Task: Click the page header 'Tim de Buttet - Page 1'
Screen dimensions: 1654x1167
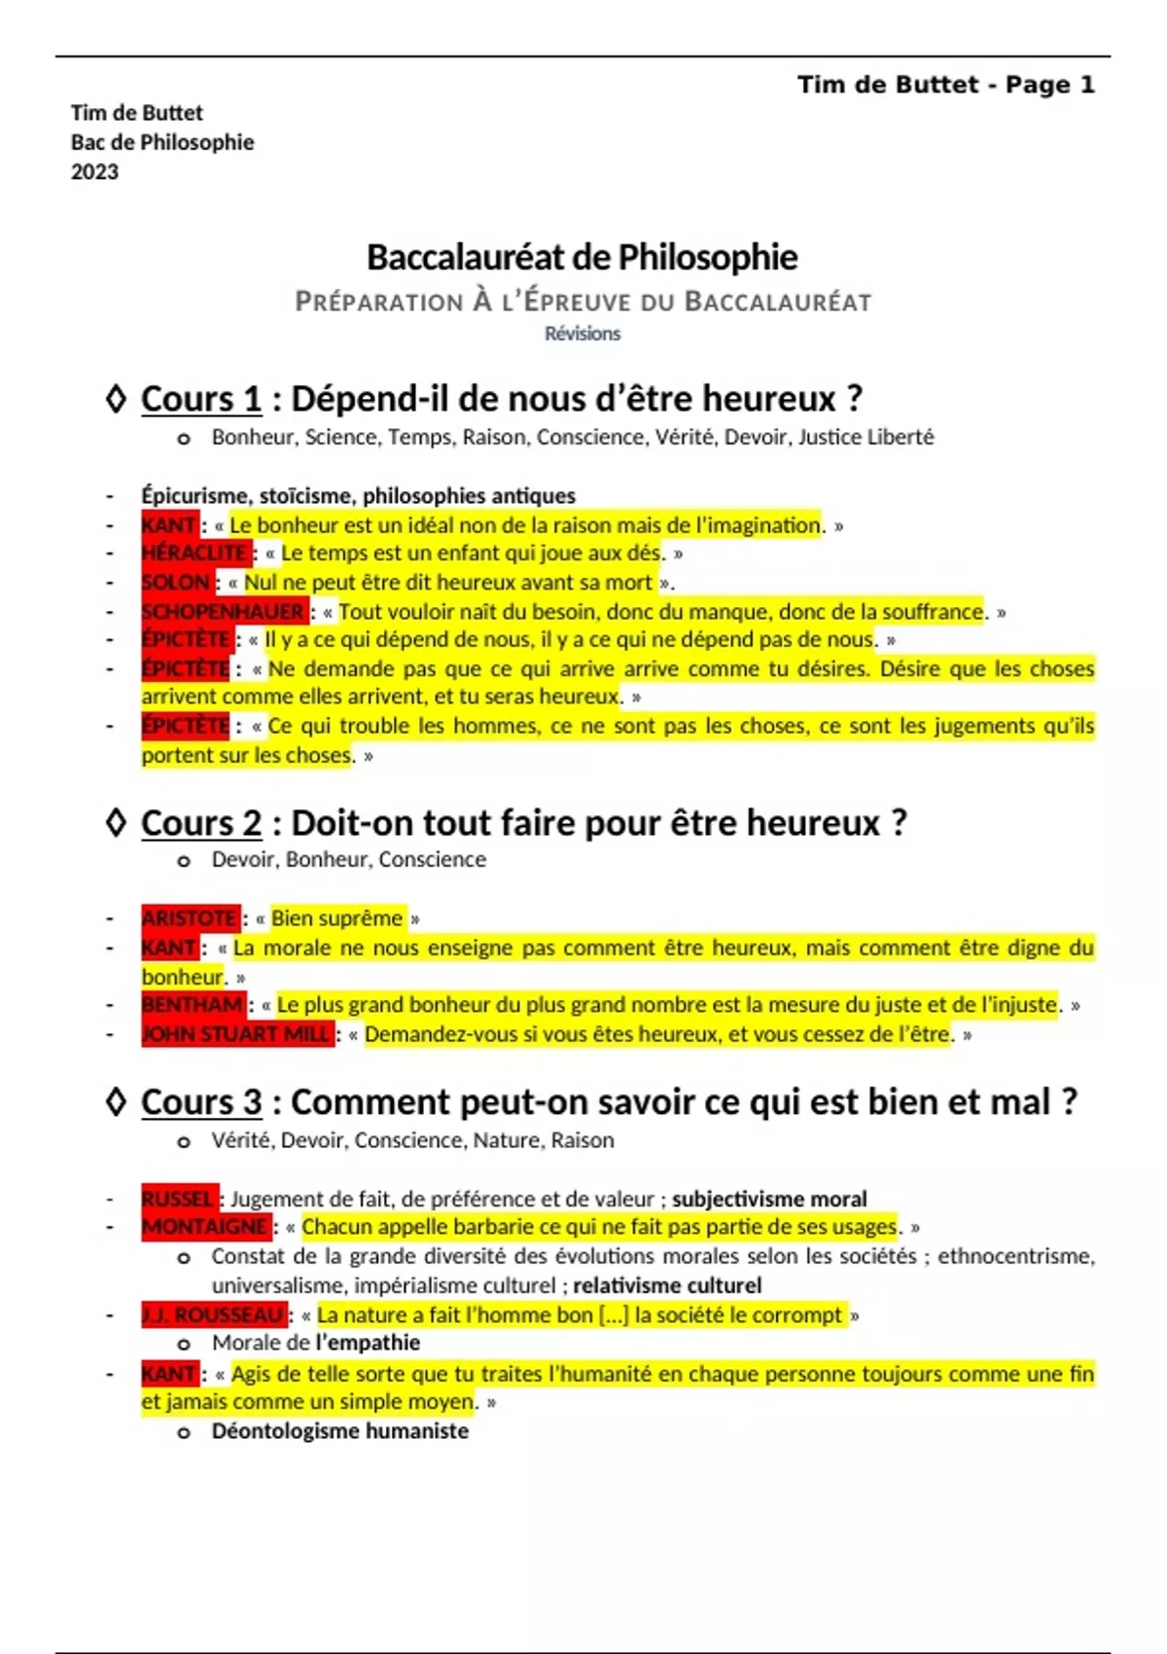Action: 945,85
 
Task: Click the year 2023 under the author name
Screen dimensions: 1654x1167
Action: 94,172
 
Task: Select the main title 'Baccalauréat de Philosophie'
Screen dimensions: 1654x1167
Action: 582,257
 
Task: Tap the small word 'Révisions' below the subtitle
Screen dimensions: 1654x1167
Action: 582,334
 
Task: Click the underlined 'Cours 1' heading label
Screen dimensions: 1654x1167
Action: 201,399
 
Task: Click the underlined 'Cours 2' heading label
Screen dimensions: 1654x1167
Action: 201,823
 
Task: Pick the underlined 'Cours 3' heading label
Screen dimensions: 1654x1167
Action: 201,1102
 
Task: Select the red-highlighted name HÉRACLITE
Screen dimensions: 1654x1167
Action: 195,553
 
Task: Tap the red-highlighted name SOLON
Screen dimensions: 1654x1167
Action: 176,582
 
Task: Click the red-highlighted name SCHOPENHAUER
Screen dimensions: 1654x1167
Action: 224,611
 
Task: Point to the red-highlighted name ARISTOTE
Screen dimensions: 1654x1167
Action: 190,917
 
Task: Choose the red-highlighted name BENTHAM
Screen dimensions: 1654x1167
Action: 193,1004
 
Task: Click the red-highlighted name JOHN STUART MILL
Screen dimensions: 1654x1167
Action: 236,1033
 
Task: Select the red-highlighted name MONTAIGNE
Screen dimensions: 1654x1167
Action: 205,1226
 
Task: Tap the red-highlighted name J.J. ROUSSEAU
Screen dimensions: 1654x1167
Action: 213,1314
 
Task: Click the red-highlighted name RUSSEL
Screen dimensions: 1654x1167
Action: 178,1198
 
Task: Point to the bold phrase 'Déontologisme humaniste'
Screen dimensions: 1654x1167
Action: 339,1431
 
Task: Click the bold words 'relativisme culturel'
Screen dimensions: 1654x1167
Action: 667,1285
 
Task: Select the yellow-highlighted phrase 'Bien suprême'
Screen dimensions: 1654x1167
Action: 336,917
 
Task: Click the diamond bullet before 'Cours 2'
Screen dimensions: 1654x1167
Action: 116,823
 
